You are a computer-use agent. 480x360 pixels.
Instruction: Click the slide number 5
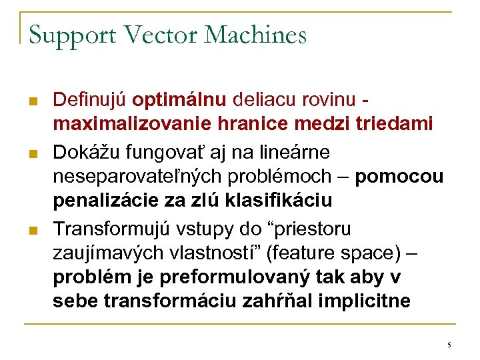449,345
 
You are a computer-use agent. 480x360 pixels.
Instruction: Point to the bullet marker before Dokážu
31,154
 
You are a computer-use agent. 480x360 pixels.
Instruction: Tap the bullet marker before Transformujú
31,231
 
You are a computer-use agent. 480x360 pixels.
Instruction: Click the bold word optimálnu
179,101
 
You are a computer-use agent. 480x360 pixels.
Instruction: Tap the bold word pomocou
399,177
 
